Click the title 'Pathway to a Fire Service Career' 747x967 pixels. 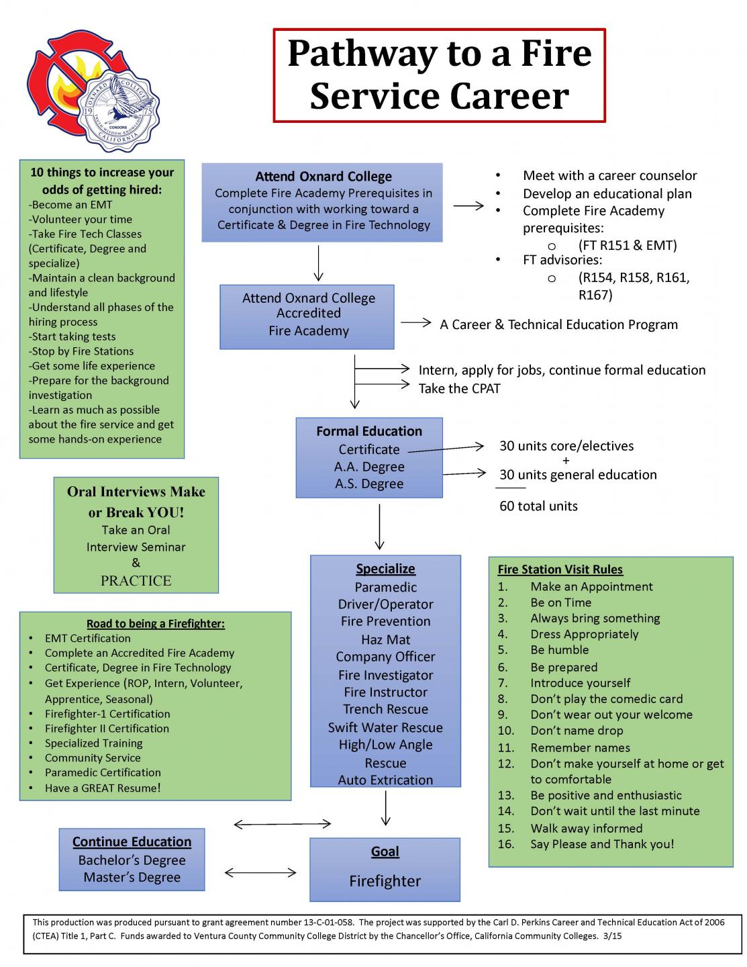[x=439, y=75]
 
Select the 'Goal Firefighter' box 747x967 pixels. [x=385, y=869]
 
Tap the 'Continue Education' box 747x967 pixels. [x=132, y=860]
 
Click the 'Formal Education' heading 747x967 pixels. [x=369, y=431]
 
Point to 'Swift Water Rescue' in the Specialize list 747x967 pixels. [x=385, y=727]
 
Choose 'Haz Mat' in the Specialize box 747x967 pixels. [x=385, y=639]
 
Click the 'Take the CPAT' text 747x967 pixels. [x=459, y=388]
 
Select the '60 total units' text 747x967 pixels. [x=538, y=506]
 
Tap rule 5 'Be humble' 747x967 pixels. [x=559, y=650]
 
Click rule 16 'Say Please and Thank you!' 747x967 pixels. [x=602, y=844]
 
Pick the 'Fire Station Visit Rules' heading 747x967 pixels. [x=560, y=569]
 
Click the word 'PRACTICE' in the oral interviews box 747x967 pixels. [x=136, y=581]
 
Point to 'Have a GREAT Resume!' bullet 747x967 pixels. [x=103, y=788]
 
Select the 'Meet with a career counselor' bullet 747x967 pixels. [x=609, y=176]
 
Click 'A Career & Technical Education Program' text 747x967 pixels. [x=558, y=325]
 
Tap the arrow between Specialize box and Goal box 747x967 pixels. [x=386, y=808]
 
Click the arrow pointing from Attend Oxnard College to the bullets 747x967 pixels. [x=468, y=206]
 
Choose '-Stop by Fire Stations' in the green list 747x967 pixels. [x=81, y=351]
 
